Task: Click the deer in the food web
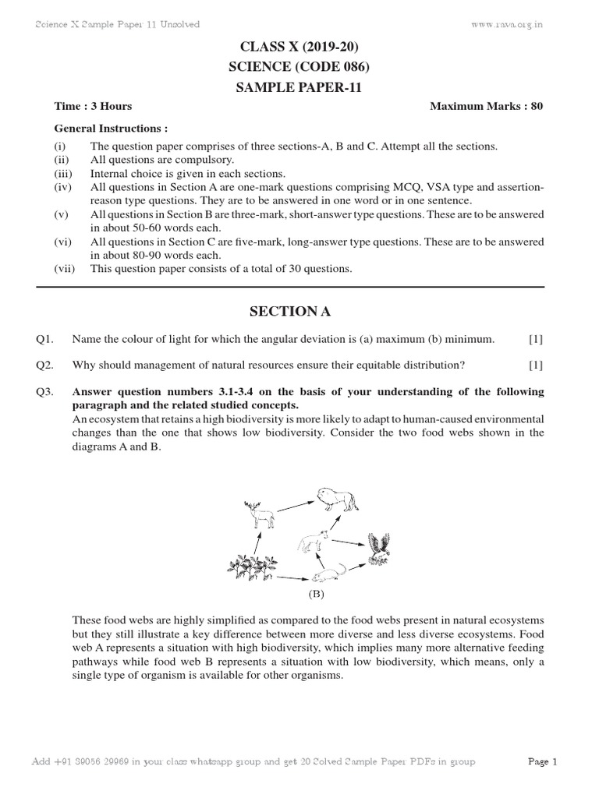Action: [258, 515]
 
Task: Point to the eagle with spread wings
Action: [380, 547]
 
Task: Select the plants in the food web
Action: [252, 568]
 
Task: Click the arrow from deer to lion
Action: [294, 505]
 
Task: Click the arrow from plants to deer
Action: [256, 539]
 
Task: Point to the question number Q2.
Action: [44, 365]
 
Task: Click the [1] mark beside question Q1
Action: [535, 339]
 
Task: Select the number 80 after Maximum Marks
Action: [537, 107]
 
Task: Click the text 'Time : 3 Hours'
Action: [93, 107]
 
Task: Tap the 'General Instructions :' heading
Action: [111, 128]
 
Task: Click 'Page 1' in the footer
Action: [543, 761]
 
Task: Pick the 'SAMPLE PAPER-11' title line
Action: [299, 88]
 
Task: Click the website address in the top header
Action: [508, 24]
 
